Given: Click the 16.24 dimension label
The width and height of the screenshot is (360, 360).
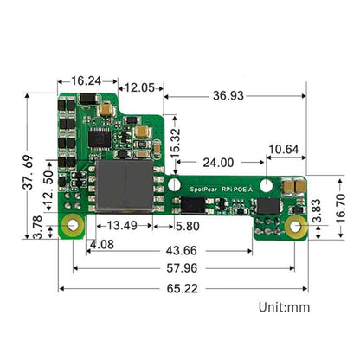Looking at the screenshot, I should pos(85,80).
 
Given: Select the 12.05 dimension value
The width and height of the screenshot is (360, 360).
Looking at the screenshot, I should pos(139,88).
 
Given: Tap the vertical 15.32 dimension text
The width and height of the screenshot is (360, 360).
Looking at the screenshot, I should pos(175,142).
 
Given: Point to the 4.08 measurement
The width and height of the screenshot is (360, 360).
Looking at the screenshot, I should pos(101,245).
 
